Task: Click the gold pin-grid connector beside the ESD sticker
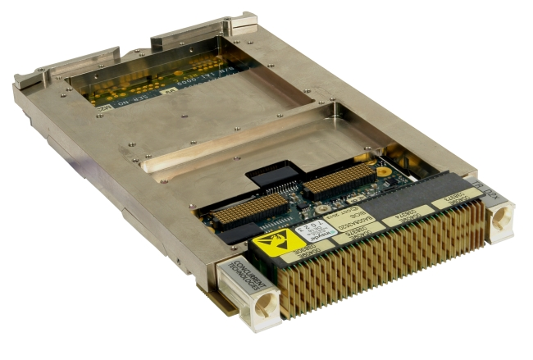coord(249,210)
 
